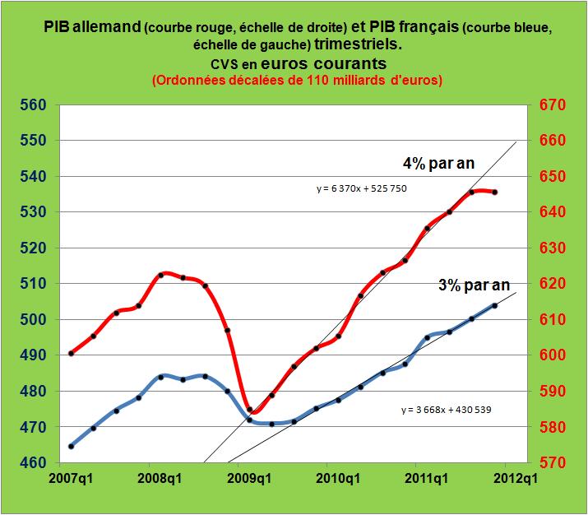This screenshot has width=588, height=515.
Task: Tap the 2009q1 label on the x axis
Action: click(246, 476)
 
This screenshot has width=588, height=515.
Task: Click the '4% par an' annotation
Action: click(438, 163)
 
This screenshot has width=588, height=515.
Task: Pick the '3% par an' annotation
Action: click(473, 285)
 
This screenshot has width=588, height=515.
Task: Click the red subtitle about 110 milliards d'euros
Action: click(296, 81)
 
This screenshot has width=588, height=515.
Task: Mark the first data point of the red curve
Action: click(72, 353)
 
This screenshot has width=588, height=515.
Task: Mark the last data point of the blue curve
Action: click(493, 305)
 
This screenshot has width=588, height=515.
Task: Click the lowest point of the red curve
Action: click(249, 410)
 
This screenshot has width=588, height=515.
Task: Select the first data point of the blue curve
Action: click(72, 446)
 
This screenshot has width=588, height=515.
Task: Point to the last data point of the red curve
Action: click(493, 193)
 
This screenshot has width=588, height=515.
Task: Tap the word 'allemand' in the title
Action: click(95, 27)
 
